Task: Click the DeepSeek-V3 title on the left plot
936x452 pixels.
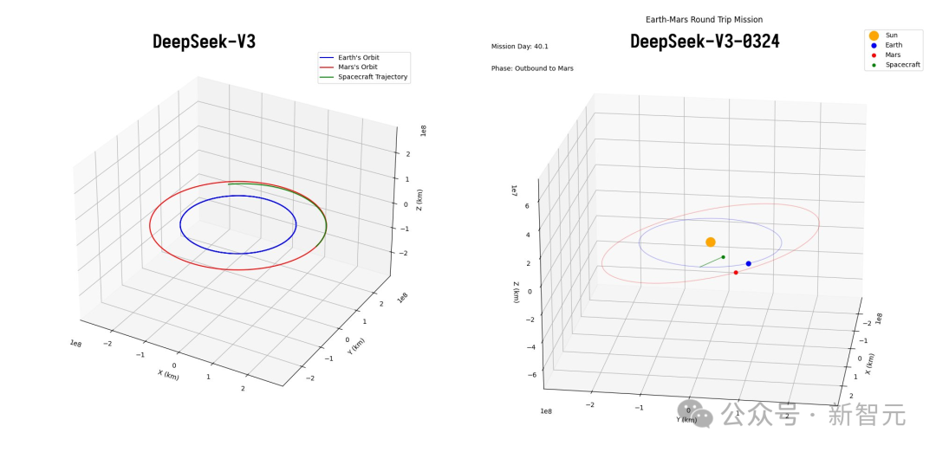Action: tap(204, 42)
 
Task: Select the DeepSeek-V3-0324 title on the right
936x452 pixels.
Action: tap(705, 42)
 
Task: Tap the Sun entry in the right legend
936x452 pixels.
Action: tap(891, 36)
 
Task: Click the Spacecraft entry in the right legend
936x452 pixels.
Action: tap(902, 65)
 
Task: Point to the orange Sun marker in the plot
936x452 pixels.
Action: tap(711, 242)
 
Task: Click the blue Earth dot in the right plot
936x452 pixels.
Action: tap(749, 263)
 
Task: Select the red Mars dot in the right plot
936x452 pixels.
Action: tap(736, 273)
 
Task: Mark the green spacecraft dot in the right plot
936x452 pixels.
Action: tap(723, 257)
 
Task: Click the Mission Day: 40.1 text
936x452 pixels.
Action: tap(520, 47)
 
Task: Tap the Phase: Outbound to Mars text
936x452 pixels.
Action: tap(532, 68)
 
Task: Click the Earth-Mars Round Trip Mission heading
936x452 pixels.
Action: tap(704, 19)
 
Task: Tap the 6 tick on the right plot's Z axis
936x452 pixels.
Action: tap(528, 207)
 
